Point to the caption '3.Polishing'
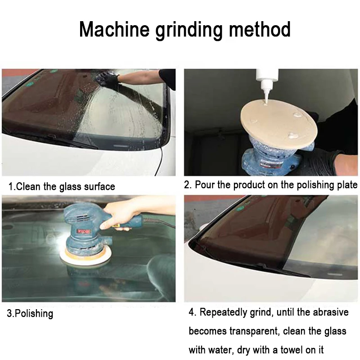(30, 313)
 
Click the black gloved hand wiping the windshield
(108, 80)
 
